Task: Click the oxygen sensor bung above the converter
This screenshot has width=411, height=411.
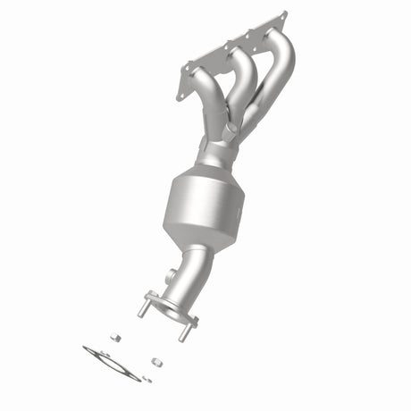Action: [231, 133]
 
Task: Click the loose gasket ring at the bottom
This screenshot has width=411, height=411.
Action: [113, 362]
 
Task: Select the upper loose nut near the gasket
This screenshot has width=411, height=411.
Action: [115, 337]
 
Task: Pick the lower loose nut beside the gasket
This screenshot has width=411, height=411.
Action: [156, 363]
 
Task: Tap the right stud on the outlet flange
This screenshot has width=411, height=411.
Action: [185, 331]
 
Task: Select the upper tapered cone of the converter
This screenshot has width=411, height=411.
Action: [202, 169]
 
